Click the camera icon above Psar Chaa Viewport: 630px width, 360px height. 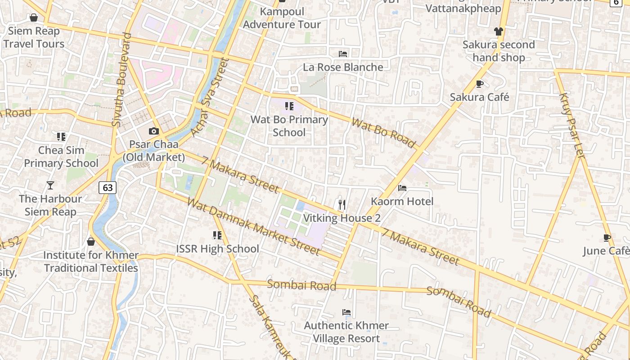coord(154,131)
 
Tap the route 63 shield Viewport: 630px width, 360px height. coord(108,187)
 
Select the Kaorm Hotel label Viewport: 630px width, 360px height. coord(402,201)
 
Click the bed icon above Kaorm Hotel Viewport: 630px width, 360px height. coord(402,188)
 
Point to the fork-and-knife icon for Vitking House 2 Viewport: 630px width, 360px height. coord(342,205)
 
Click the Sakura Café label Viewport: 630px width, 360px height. coord(479,97)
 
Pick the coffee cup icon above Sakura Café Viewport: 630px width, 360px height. coord(479,84)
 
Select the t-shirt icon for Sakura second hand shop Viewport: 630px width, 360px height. coord(498,31)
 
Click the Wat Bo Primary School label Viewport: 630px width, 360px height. coord(289,126)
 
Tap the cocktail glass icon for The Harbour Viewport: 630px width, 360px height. coord(50,185)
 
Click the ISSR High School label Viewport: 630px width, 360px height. coord(217,248)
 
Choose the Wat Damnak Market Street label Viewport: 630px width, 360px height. coord(253,226)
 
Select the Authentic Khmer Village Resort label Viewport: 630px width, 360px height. coord(346,332)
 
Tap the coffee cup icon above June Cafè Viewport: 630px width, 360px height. coord(607,238)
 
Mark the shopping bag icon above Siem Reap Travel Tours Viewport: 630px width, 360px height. coord(33,18)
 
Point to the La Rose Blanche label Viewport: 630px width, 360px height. coord(343,67)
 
